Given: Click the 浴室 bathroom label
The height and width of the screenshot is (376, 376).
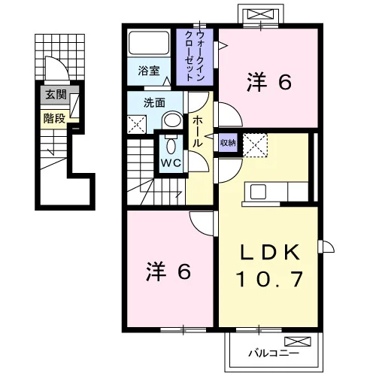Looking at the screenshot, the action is [x=149, y=71].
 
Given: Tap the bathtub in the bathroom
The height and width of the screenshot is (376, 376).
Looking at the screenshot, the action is [x=149, y=42].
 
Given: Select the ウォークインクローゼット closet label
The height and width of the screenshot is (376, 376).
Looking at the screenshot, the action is [x=194, y=56].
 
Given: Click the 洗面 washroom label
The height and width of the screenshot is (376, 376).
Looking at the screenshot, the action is [x=154, y=103].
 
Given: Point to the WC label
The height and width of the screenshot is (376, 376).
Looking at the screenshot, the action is [x=171, y=163].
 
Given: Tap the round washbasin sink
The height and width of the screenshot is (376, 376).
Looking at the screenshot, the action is [x=172, y=120].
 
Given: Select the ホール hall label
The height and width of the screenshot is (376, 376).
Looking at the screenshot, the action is [x=197, y=132].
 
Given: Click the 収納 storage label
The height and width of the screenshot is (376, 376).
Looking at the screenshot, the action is [x=228, y=143].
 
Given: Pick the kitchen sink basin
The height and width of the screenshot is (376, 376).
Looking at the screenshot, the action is [x=258, y=192].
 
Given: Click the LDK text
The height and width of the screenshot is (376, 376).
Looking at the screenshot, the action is [x=270, y=252].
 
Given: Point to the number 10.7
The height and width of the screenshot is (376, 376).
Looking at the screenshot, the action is [x=270, y=279].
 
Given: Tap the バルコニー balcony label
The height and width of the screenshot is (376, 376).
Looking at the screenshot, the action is [x=274, y=353].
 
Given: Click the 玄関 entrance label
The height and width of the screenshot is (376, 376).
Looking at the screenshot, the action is [x=56, y=95].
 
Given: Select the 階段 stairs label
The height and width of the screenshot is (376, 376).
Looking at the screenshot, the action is [x=54, y=118].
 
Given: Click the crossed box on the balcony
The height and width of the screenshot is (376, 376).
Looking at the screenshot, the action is [x=298, y=341].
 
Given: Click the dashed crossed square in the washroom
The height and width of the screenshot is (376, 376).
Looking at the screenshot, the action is [x=137, y=124].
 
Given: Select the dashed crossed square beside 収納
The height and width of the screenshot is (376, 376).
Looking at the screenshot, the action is [x=255, y=145].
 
